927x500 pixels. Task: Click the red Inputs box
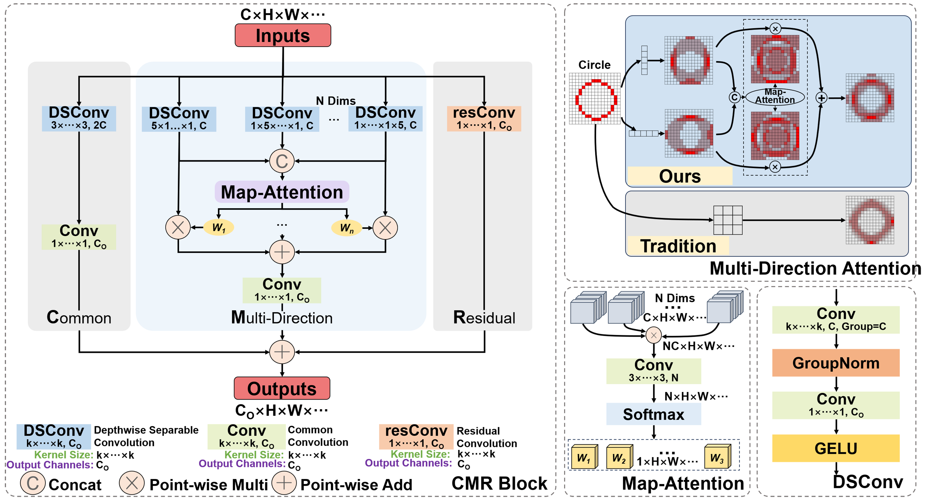283,35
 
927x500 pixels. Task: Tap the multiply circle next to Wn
385,227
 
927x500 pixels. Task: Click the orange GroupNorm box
836,363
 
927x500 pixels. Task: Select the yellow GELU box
836,448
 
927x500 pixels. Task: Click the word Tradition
678,246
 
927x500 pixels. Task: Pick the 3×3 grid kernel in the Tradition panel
728,220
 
